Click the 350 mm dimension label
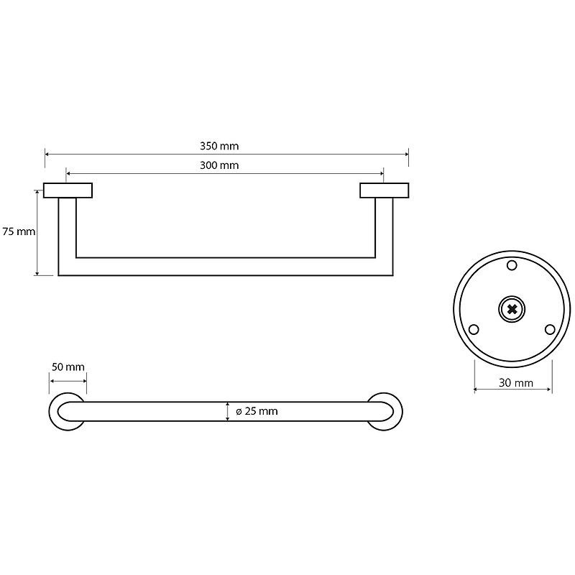point(219,146)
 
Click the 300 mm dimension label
point(219,165)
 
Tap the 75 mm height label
point(19,232)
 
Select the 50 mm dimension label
point(68,367)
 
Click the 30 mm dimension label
point(515,383)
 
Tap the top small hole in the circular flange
point(512,266)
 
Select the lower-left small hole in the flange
point(474,329)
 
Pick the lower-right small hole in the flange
point(550,329)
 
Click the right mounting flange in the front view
point(384,190)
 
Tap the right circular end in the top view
point(385,412)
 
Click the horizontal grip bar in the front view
point(225,267)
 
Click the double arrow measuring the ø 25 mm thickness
point(228,411)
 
